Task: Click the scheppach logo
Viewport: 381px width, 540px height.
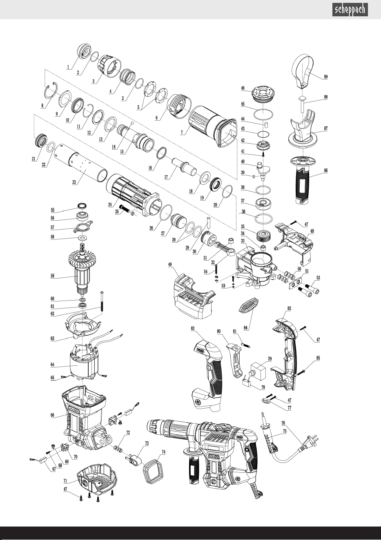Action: point(350,10)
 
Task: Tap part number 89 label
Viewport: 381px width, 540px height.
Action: point(326,77)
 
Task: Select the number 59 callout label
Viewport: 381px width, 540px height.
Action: point(52,276)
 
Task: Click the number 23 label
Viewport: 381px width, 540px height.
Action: point(74,182)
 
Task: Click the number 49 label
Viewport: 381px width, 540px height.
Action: point(170,264)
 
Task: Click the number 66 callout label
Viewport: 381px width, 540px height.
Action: point(52,415)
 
